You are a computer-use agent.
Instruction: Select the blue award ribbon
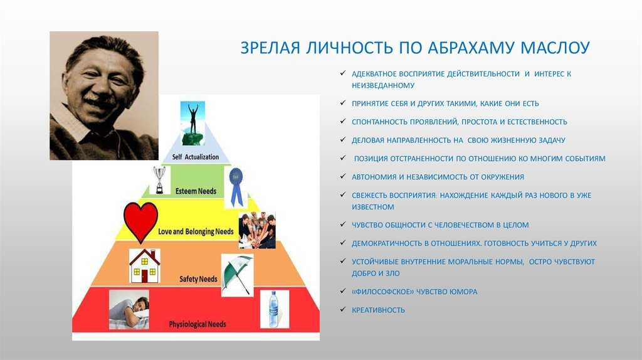pyautogui.click(x=236, y=187)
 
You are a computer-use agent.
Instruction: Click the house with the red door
pyautogui.click(x=145, y=266)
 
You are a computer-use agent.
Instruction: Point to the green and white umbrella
pyautogui.click(x=237, y=275)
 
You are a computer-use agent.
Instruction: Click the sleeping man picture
pyautogui.click(x=129, y=310)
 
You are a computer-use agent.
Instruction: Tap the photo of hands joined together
pyautogui.click(x=257, y=230)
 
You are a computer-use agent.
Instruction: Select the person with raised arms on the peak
pyautogui.click(x=192, y=123)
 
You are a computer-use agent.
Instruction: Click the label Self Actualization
pyautogui.click(x=196, y=157)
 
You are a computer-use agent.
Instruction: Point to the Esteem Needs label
pyautogui.click(x=196, y=191)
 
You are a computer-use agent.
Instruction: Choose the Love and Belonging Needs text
pyautogui.click(x=196, y=232)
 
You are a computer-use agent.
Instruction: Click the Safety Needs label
pyautogui.click(x=198, y=279)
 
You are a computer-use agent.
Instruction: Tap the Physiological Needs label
pyautogui.click(x=197, y=324)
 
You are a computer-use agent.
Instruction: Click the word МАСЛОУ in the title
pyautogui.click(x=555, y=48)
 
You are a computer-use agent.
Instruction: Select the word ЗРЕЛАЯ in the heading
pyautogui.click(x=270, y=48)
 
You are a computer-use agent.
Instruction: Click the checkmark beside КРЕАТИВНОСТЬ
pyautogui.click(x=343, y=309)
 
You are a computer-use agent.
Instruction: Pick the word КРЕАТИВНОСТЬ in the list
pyautogui.click(x=378, y=310)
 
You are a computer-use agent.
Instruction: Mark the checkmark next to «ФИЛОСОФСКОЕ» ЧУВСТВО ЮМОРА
pyautogui.click(x=343, y=291)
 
